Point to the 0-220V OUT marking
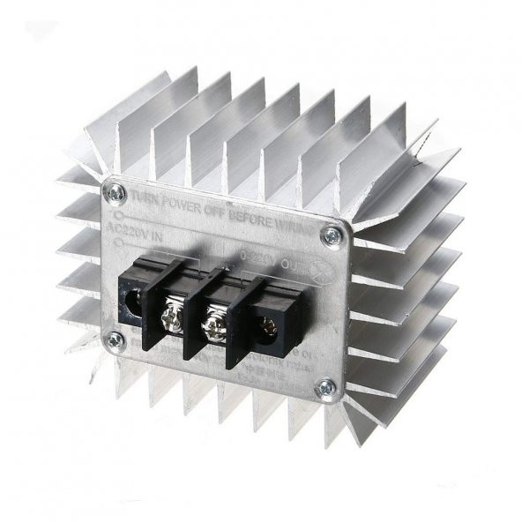coord(265,257)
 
